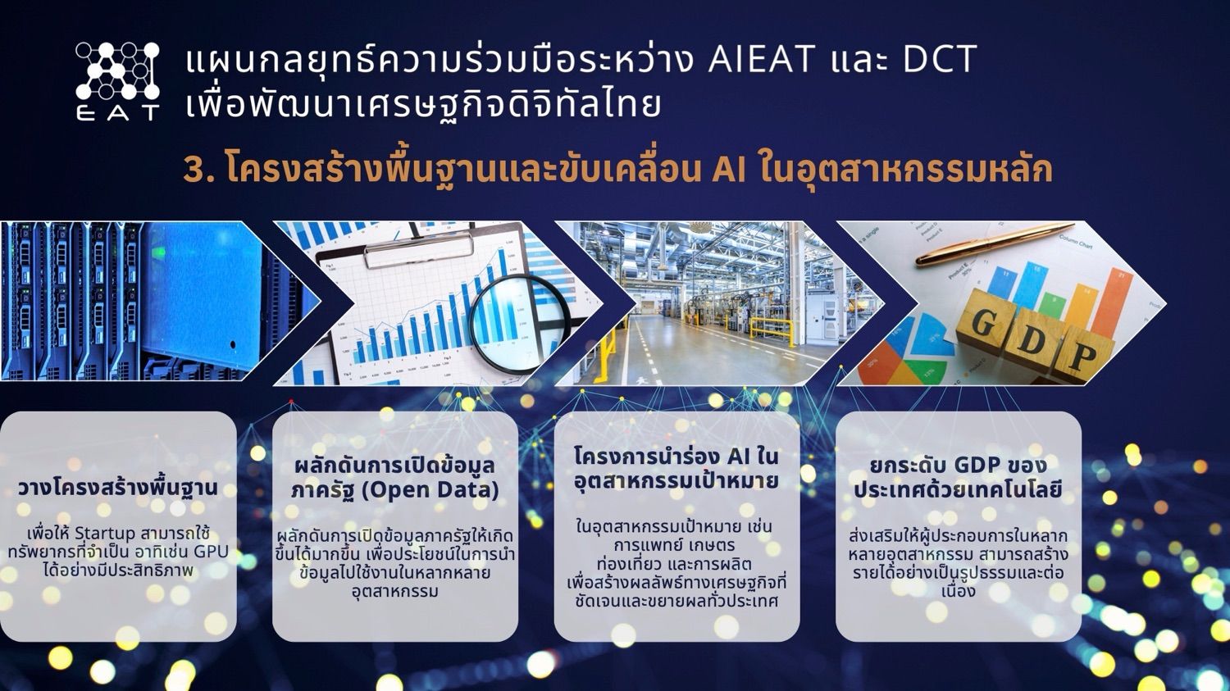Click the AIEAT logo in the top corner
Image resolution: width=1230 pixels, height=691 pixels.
coord(118,81)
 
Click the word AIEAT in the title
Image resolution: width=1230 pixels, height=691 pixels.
coord(762,59)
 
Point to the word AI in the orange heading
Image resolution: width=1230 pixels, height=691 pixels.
coord(729,170)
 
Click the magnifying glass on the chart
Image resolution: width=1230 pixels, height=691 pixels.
coord(518,323)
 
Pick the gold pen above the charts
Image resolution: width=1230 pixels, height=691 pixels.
coord(994,244)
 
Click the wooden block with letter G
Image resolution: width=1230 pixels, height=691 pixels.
coord(986,323)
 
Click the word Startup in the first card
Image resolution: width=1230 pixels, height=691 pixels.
coord(104,534)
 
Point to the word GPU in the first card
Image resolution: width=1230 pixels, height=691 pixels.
coord(212,552)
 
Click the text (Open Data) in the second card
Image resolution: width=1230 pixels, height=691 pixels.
coord(430,490)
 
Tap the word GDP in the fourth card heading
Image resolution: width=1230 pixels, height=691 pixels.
coord(980,465)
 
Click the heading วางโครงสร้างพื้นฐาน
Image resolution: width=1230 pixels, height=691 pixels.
coord(118,488)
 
